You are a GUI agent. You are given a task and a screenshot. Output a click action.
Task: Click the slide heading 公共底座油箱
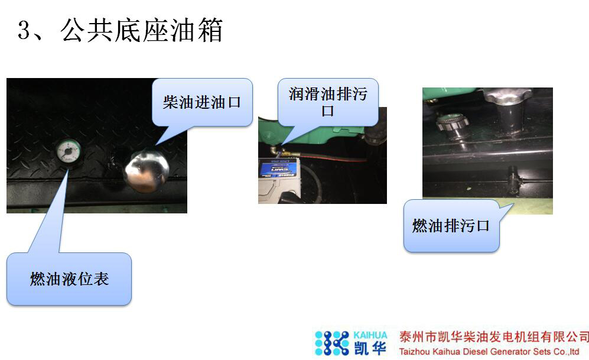(142, 30)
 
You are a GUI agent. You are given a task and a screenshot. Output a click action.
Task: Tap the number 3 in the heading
(24, 30)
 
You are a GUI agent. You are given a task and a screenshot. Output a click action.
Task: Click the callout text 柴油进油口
(201, 102)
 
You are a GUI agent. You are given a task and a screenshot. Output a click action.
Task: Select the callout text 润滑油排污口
(328, 102)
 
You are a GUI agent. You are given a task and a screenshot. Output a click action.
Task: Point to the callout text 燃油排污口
(451, 225)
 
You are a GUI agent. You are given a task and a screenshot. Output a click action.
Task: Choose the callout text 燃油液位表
(69, 279)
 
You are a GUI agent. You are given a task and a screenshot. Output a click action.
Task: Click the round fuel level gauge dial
(68, 151)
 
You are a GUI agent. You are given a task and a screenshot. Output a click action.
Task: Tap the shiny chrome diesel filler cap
(146, 170)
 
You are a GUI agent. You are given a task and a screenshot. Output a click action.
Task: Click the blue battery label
(279, 168)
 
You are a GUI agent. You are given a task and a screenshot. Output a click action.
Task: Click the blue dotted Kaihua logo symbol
(331, 343)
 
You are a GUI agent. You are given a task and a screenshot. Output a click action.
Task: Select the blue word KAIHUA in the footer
(370, 335)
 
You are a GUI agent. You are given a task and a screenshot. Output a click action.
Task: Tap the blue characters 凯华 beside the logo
(370, 348)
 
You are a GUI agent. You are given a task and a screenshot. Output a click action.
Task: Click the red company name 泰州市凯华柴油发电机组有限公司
(494, 337)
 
